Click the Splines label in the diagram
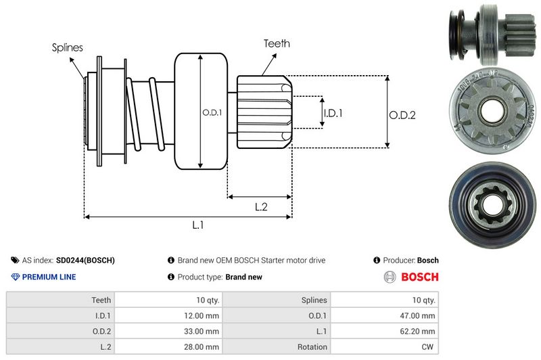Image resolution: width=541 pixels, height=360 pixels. (68, 47)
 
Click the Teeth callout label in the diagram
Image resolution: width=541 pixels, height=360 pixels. (277, 43)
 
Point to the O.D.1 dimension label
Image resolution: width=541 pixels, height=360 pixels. (212, 112)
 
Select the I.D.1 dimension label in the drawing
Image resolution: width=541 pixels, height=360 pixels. (333, 113)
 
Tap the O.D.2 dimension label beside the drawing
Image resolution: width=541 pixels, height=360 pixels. (402, 115)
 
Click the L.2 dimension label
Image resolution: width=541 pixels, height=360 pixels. (262, 208)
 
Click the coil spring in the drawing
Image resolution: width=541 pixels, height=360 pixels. (145, 112)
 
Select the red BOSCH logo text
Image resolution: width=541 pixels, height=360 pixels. (420, 277)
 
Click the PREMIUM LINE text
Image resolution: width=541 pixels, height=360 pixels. (49, 277)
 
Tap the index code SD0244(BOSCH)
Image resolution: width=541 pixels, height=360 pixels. (85, 260)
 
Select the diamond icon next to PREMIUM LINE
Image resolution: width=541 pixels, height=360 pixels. (16, 277)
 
